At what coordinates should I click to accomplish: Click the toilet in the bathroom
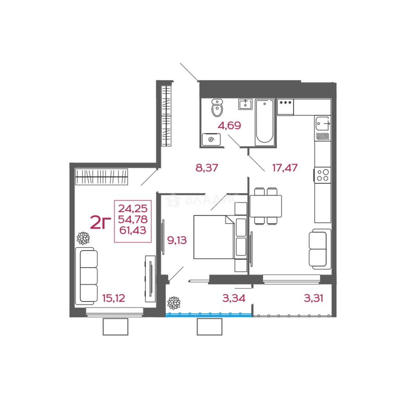click(217, 108)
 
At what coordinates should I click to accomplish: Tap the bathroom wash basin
click(245, 104)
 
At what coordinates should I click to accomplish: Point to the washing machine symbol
click(211, 139)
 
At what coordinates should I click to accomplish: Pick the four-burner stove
click(323, 175)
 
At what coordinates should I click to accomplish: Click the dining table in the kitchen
click(266, 206)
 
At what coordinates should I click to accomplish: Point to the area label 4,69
click(230, 126)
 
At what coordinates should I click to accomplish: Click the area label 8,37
click(207, 168)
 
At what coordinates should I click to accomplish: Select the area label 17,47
click(285, 168)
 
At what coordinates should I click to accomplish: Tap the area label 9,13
click(177, 240)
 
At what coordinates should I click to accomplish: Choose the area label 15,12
click(114, 298)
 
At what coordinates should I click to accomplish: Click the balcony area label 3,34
click(234, 298)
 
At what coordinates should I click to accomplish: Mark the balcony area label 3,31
click(314, 298)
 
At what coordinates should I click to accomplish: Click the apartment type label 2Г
click(101, 223)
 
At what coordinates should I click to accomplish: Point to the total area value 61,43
click(133, 230)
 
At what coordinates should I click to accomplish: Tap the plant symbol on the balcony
click(174, 303)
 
